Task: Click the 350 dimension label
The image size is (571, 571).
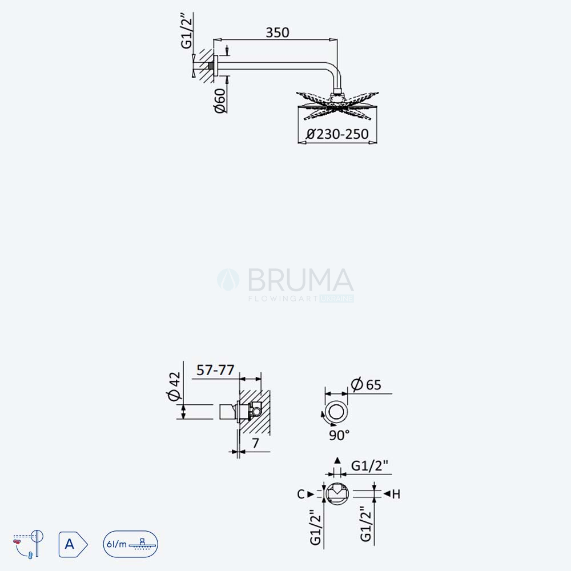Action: click(x=278, y=33)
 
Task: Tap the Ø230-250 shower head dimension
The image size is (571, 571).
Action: click(x=337, y=134)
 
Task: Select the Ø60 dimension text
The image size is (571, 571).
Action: click(x=220, y=100)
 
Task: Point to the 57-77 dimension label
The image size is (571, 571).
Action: click(x=215, y=370)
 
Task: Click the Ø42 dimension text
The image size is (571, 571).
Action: click(x=174, y=386)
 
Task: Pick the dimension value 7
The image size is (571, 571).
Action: click(x=256, y=443)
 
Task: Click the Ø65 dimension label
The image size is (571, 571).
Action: click(x=366, y=384)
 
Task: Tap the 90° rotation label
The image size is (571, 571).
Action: click(x=339, y=435)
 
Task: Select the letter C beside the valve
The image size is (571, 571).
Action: click(x=301, y=494)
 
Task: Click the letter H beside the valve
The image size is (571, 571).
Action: click(x=396, y=494)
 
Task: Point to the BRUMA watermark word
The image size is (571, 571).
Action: click(x=300, y=280)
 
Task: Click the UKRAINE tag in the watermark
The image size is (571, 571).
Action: click(x=336, y=299)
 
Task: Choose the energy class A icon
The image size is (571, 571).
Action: click(x=73, y=544)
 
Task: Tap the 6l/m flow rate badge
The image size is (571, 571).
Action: click(x=130, y=544)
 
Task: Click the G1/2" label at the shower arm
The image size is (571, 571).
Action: click(x=187, y=31)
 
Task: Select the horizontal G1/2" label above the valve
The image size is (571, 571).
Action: click(x=369, y=466)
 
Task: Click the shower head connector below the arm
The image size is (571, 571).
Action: click(x=337, y=97)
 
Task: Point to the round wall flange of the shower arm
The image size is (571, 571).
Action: click(x=216, y=66)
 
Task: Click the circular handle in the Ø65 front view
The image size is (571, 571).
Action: click(x=337, y=412)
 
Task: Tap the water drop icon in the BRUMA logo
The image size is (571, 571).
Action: click(x=228, y=280)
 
